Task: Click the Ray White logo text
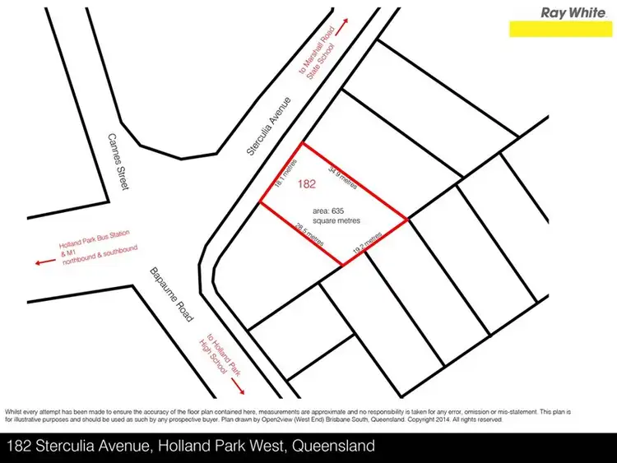point(569,12)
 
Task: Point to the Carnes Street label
point(117,164)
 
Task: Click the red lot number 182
point(308,184)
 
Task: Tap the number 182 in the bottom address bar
point(20,447)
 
